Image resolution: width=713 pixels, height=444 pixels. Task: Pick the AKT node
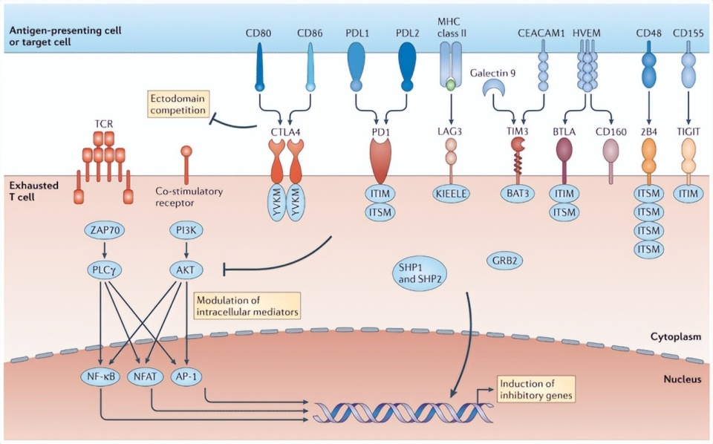coord(185,270)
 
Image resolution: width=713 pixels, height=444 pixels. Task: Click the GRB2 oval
coord(504,261)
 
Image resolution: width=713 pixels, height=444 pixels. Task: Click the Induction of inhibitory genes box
coord(535,389)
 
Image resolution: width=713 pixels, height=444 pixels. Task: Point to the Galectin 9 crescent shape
coord(492,90)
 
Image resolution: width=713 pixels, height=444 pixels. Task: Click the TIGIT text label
coord(688,131)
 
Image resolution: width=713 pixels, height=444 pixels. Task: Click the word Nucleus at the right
coord(681,379)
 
